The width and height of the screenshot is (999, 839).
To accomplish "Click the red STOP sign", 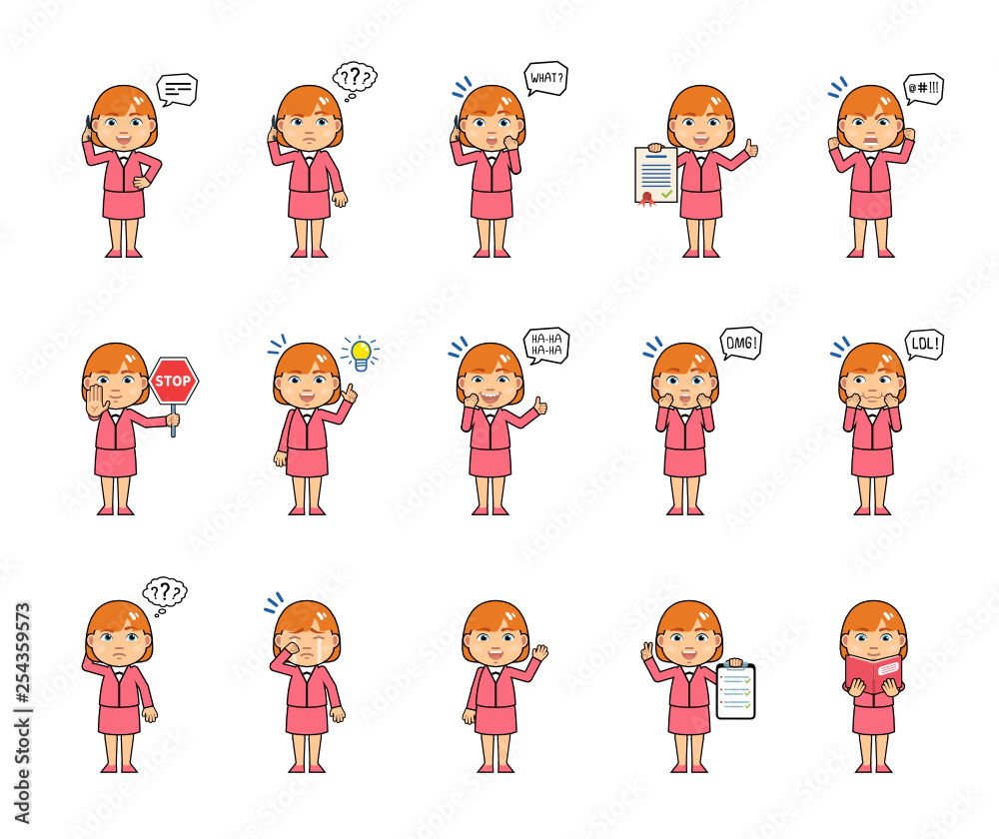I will (x=173, y=381).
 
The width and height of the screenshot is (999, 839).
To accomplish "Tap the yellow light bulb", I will (x=360, y=353).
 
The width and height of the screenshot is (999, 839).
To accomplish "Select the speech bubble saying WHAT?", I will (x=545, y=78).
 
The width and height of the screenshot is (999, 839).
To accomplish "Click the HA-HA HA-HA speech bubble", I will (x=546, y=345).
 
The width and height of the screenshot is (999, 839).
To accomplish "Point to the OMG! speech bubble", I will (x=740, y=343).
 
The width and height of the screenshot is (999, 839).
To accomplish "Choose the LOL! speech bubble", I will (x=923, y=344).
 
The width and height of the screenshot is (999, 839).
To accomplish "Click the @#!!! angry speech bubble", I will (x=922, y=88).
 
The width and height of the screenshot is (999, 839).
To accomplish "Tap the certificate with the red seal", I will (x=655, y=176).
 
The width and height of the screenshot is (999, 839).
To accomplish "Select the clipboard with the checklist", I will (x=735, y=691).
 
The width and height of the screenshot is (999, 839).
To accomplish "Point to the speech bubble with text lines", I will (x=177, y=90).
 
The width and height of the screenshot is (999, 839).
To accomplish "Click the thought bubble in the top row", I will (x=354, y=77).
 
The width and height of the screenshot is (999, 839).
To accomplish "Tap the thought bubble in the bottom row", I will (x=165, y=592).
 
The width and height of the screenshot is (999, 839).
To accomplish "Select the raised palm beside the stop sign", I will (x=96, y=401).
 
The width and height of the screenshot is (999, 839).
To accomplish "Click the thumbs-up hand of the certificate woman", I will (x=750, y=150).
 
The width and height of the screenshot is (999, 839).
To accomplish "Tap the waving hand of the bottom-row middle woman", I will (x=539, y=653).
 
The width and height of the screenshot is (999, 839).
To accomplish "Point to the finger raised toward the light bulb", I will (x=349, y=394).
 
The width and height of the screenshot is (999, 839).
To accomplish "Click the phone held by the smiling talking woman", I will (x=89, y=129).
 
